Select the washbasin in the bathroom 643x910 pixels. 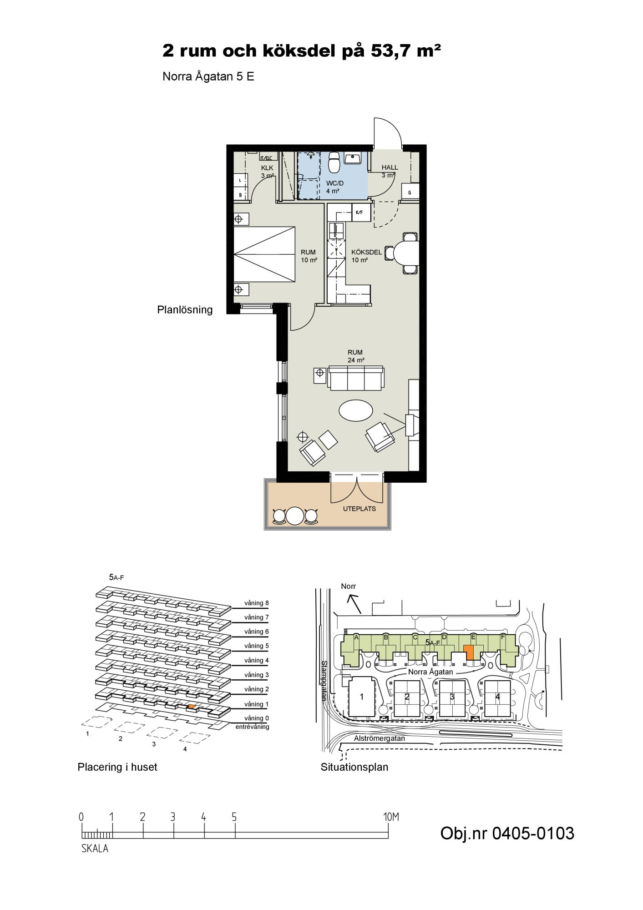coord(353,158)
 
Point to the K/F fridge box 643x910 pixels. coord(360,212)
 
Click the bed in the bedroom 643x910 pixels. coord(264,256)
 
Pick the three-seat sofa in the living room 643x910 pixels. coord(356,379)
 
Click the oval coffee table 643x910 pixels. coord(356,410)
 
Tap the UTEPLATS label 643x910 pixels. coord(359,509)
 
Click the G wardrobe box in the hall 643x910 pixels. coord(410,192)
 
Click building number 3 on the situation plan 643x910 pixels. coord(452,697)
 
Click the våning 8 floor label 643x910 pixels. coord(254,603)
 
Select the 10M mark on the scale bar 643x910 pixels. coord(391,817)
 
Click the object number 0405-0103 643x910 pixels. coord(507,834)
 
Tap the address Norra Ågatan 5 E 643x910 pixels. coord(208,77)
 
